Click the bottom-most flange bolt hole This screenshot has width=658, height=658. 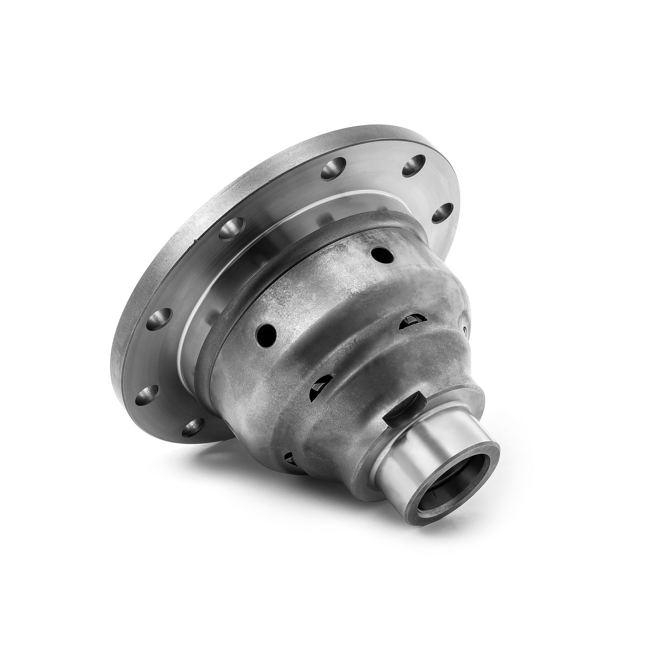point(193,427)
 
